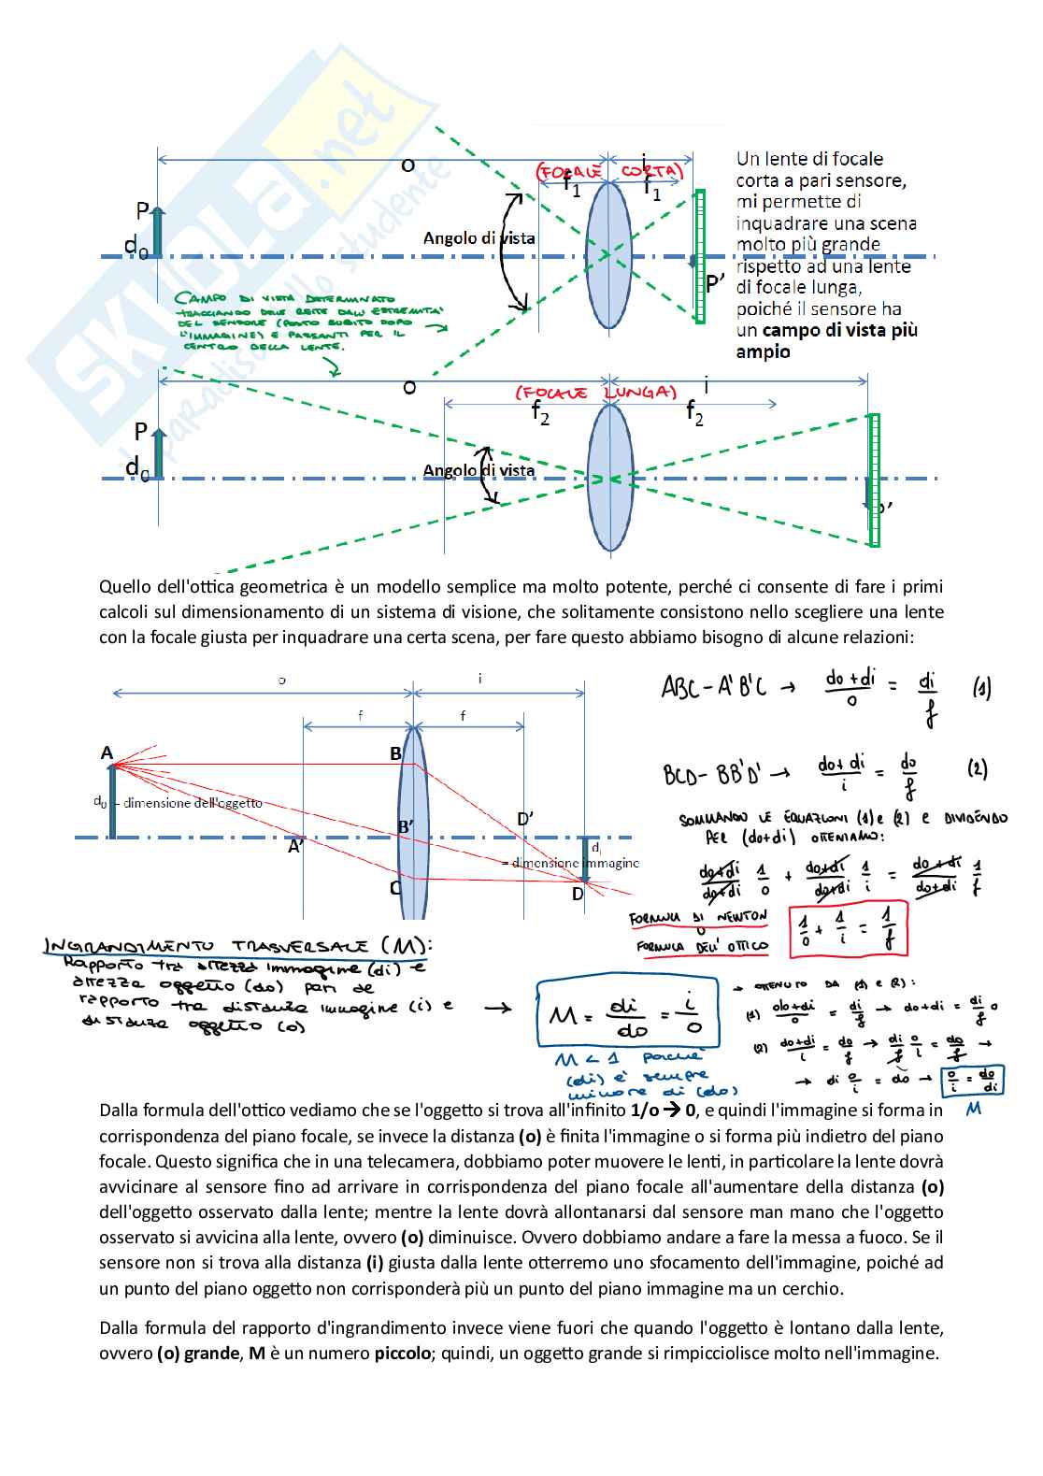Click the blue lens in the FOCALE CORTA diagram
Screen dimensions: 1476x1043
[x=608, y=254]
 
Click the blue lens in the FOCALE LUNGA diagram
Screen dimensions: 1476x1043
[x=610, y=479]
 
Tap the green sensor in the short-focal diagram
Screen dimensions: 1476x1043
[x=700, y=257]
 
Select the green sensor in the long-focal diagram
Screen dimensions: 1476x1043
[x=874, y=480]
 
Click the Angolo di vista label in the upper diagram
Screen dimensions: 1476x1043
[x=479, y=238]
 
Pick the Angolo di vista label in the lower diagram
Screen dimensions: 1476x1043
[x=479, y=470]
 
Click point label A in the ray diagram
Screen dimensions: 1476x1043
[x=107, y=753]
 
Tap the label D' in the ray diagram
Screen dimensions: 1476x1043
[x=525, y=820]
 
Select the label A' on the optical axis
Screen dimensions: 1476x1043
[x=295, y=847]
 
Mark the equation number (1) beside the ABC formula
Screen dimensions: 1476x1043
[x=981, y=689]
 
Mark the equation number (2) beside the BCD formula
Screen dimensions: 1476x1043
[x=977, y=769]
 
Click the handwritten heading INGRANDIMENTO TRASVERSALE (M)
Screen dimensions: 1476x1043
[x=239, y=946]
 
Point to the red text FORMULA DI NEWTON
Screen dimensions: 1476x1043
[x=698, y=917]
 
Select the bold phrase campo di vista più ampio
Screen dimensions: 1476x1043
[x=826, y=341]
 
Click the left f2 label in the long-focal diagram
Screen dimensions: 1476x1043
[x=540, y=411]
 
